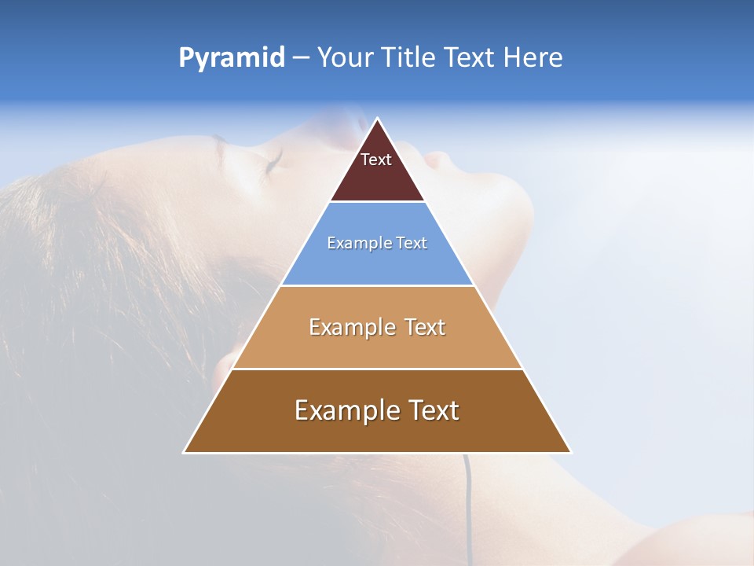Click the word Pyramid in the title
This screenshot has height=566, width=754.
click(231, 58)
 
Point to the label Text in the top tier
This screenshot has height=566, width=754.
click(376, 160)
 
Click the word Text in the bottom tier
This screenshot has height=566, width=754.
click(431, 410)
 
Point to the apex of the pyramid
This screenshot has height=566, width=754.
click(378, 119)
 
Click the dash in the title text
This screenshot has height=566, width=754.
click(301, 58)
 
